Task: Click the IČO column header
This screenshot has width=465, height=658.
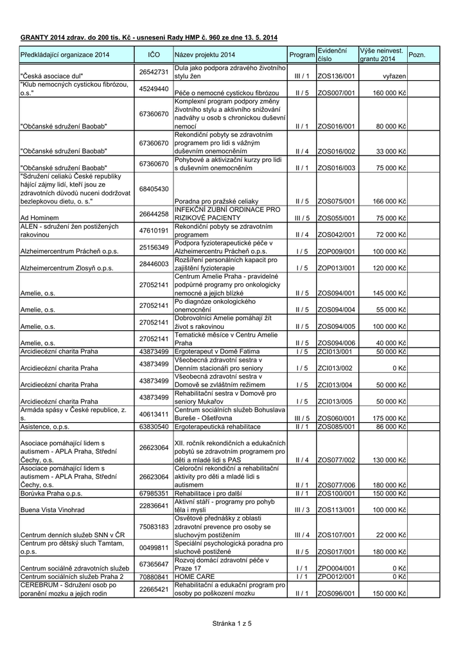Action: coord(154,55)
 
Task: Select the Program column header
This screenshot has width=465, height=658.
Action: coord(302,55)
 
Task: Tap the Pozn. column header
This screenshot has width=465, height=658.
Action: coord(417,55)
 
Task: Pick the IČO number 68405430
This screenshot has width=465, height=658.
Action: coord(154,189)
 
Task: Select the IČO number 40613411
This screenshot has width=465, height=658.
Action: coord(154,414)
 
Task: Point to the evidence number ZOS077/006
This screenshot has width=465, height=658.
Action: coord(336,502)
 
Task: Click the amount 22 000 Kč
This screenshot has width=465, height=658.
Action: coord(391,553)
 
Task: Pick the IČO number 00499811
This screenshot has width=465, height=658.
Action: coord(154,548)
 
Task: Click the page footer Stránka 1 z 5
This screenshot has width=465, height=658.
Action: coord(232,623)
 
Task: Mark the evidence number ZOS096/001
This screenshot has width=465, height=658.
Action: coord(336,594)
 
